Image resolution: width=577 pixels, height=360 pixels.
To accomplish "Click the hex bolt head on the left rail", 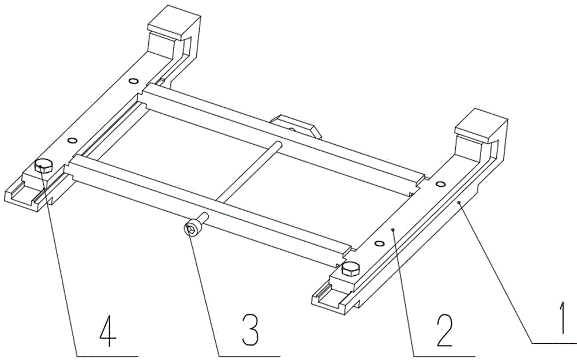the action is click(x=43, y=166).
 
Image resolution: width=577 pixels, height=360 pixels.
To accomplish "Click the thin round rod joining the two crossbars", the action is click(x=250, y=172).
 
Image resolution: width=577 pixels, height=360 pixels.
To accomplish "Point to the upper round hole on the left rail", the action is click(x=133, y=81).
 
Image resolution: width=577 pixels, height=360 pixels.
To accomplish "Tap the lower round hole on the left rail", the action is click(x=73, y=140).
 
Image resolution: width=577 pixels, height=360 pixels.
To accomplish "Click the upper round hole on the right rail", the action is click(x=440, y=183).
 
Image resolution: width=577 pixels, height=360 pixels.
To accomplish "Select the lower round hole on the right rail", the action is click(x=379, y=243).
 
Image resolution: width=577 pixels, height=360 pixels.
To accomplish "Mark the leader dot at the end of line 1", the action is click(x=459, y=202).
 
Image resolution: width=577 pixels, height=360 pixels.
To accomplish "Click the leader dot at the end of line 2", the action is click(x=394, y=229).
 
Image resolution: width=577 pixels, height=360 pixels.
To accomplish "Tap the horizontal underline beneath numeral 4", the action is click(x=107, y=356).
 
